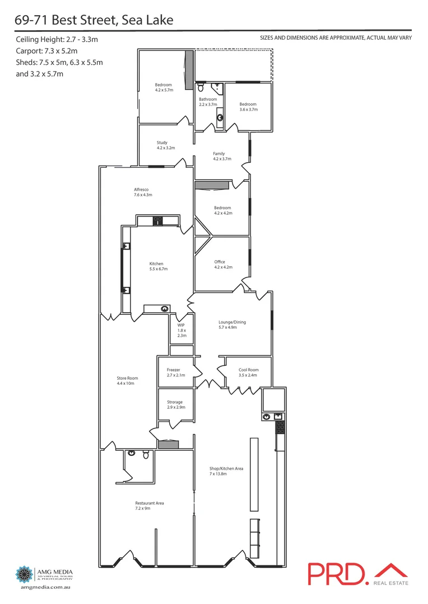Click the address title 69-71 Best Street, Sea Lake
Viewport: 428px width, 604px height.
tap(94, 21)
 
